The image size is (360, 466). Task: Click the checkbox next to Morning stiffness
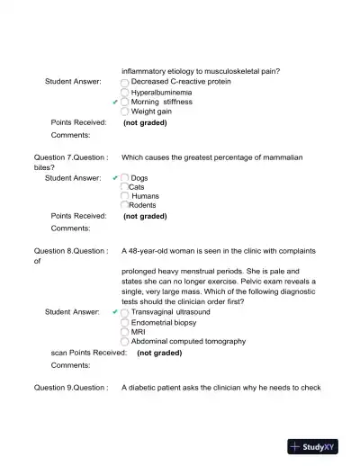coord(125,102)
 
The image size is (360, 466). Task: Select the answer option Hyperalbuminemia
coord(160,92)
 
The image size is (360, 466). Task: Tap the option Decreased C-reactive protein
coord(180,81)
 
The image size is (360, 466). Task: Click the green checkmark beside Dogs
coord(115,178)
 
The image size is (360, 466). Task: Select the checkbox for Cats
coord(125,187)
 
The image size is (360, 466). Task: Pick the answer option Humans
coord(145,196)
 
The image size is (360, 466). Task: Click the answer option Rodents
coord(142,205)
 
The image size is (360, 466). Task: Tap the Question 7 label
coord(70,157)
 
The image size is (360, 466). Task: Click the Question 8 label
coord(70,251)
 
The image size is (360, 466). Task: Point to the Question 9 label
coord(70,388)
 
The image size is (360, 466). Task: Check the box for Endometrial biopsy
coord(125,322)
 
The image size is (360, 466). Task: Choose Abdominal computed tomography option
coord(187,342)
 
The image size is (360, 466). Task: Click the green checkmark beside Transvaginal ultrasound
coord(115,311)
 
